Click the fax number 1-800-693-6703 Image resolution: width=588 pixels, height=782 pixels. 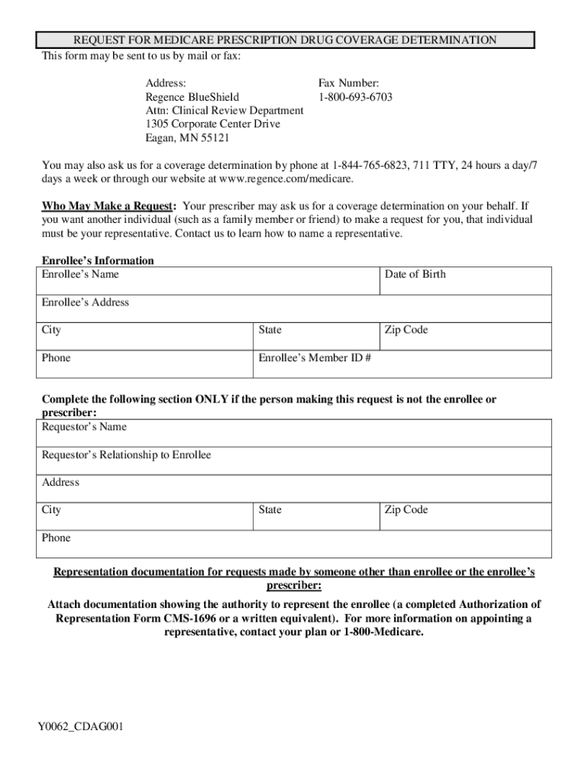coord(355,97)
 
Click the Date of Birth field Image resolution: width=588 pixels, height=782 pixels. coord(466,280)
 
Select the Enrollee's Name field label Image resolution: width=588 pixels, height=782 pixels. coord(80,274)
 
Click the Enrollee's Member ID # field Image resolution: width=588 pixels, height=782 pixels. coord(402,364)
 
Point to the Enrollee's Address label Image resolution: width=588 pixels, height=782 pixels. coord(86,302)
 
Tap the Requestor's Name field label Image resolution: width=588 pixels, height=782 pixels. coord(84,427)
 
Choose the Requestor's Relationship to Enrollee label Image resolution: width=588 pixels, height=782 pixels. coord(126,455)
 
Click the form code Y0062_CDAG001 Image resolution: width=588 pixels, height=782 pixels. coord(81,726)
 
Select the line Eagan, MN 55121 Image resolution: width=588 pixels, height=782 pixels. coord(187,138)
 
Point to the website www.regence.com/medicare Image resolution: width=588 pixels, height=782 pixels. coord(286,179)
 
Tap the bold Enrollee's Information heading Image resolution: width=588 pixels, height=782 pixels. coord(98,260)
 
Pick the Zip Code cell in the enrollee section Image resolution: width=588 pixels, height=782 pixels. coord(466,336)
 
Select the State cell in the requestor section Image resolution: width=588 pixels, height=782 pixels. coord(316,516)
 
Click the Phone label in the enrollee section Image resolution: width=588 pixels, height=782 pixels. coord(56,358)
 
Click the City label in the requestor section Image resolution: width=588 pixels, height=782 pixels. coord(52,510)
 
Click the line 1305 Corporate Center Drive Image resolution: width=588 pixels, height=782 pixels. coord(212,124)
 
